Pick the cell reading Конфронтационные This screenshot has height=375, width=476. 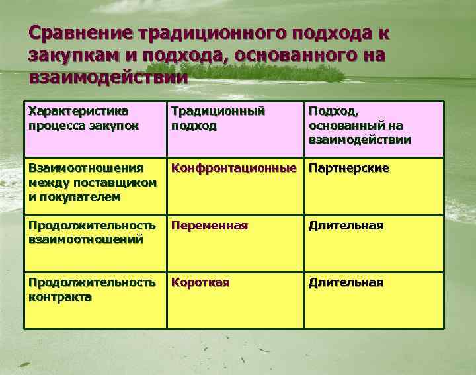[233, 169]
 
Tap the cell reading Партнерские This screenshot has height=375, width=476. [348, 169]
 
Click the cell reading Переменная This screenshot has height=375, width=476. [210, 226]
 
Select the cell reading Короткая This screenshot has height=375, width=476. [200, 282]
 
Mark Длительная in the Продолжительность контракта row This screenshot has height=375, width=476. [345, 282]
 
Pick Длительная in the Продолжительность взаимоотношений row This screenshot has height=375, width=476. [345, 226]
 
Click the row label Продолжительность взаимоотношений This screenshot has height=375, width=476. [92, 232]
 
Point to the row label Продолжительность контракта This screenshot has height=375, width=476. [92, 289]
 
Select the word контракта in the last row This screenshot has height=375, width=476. [60, 297]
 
